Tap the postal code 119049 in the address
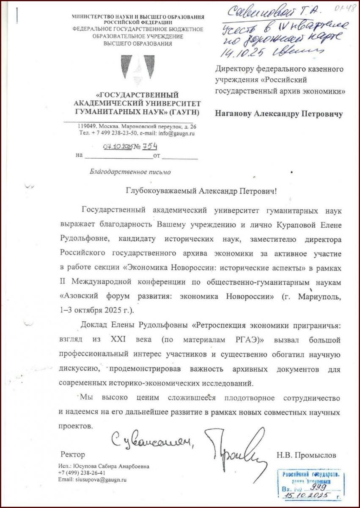(88, 127)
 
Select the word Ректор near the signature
(70, 456)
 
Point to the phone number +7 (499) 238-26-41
(83, 473)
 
